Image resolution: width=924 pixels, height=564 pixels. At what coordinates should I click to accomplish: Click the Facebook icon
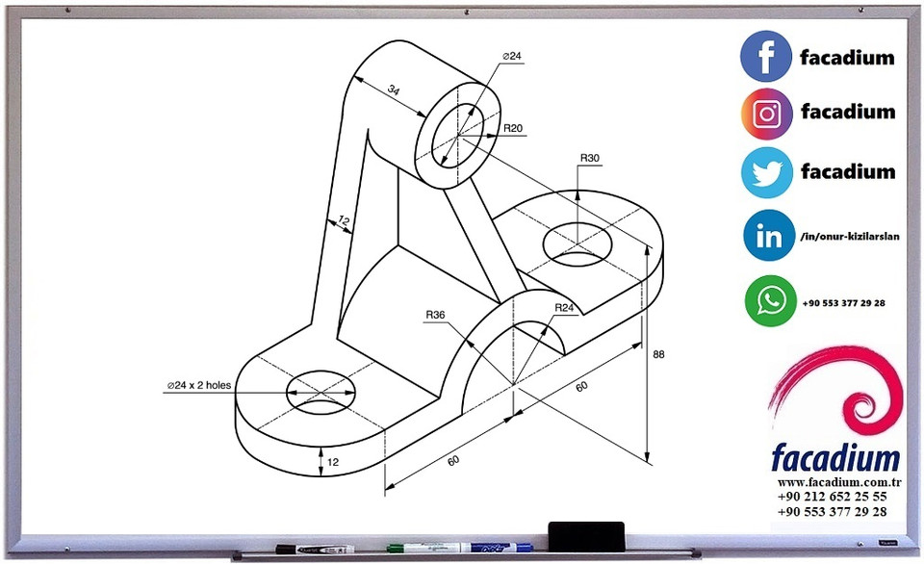(x=766, y=56)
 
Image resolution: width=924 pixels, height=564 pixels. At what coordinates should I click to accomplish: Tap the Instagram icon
(x=766, y=114)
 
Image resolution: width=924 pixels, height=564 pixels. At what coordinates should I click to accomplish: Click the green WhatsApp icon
(x=770, y=301)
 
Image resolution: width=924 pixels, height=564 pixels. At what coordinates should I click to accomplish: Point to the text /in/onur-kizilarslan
(x=849, y=237)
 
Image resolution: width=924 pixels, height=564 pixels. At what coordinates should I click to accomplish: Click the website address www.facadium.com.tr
(x=832, y=480)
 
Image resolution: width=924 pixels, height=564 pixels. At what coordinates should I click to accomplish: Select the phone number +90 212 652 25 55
(x=832, y=496)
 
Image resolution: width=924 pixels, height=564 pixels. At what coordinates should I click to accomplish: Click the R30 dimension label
(x=589, y=157)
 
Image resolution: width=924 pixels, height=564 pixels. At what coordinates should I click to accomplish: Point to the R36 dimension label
(x=435, y=314)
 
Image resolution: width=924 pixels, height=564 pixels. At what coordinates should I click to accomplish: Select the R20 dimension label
(x=512, y=128)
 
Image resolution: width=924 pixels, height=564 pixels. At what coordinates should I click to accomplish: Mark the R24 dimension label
(x=564, y=307)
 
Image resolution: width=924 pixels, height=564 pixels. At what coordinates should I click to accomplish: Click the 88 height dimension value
(x=658, y=354)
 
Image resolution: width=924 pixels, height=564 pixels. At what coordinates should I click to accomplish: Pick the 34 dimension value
(x=394, y=90)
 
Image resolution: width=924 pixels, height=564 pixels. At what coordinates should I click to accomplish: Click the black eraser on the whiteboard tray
(x=585, y=531)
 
